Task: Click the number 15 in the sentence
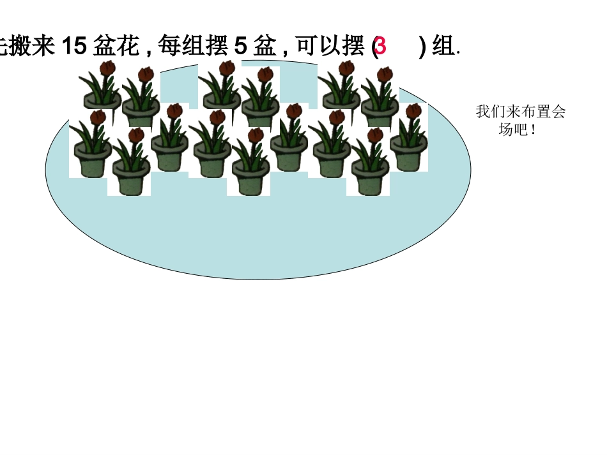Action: pyautogui.click(x=75, y=47)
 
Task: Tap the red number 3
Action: pyautogui.click(x=380, y=47)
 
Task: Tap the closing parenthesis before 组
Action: pyautogui.click(x=422, y=47)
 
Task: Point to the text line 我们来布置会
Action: pyautogui.click(x=521, y=112)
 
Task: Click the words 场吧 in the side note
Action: pyautogui.click(x=512, y=130)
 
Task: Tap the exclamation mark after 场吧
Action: pyautogui.click(x=533, y=130)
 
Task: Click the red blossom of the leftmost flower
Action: pyautogui.click(x=98, y=117)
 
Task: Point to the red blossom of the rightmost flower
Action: pyautogui.click(x=413, y=111)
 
